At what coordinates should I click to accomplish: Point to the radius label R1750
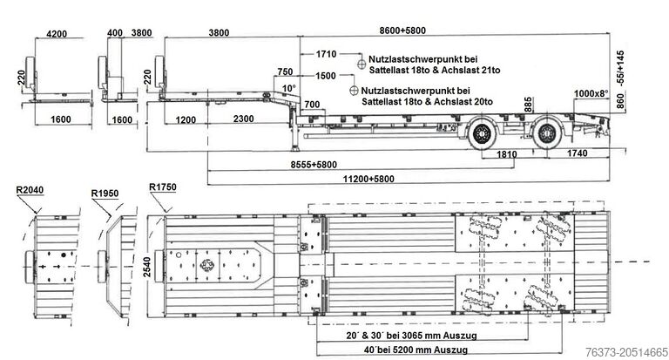click(163, 187)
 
